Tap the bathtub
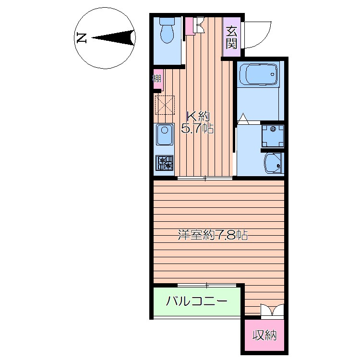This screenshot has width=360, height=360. pyautogui.click(x=259, y=74)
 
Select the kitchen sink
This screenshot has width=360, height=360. pyautogui.click(x=165, y=134)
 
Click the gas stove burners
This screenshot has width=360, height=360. pyautogui.click(x=165, y=163)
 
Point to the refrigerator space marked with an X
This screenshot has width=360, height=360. pyautogui.click(x=165, y=105)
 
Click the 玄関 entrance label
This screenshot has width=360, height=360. pyautogui.click(x=231, y=37)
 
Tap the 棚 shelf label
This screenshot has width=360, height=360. pyautogui.click(x=157, y=79)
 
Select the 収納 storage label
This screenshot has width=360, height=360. pyautogui.click(x=264, y=335)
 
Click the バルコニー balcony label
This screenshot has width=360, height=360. pyautogui.click(x=196, y=300)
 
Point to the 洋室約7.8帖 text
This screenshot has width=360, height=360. pyautogui.click(x=213, y=235)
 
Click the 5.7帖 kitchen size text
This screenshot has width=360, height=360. pyautogui.click(x=197, y=129)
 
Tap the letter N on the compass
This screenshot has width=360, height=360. pyautogui.click(x=82, y=38)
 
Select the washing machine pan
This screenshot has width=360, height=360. pyautogui.click(x=273, y=136)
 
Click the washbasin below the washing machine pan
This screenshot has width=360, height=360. pyautogui.click(x=274, y=163)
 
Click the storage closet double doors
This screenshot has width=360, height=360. pyautogui.click(x=272, y=310)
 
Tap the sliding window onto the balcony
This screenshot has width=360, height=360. pyautogui.click(x=207, y=286)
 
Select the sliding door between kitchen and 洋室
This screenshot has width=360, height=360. pyautogui.click(x=205, y=178)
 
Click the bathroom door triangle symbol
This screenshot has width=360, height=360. pyautogui.click(x=243, y=119)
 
